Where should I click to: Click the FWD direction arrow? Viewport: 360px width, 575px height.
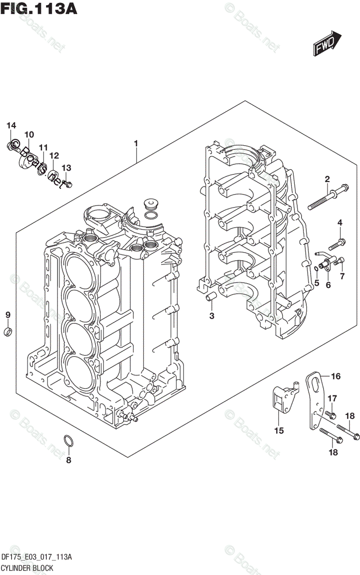[327, 44]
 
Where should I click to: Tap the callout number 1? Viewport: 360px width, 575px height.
[136, 143]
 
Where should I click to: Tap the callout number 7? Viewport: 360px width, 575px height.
[342, 276]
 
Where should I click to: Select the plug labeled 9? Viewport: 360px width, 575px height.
[8, 332]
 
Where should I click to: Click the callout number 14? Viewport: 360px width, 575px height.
[12, 126]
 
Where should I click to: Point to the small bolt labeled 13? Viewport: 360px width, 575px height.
[68, 182]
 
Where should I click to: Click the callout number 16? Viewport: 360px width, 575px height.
[335, 377]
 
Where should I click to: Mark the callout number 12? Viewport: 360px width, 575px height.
[53, 156]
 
